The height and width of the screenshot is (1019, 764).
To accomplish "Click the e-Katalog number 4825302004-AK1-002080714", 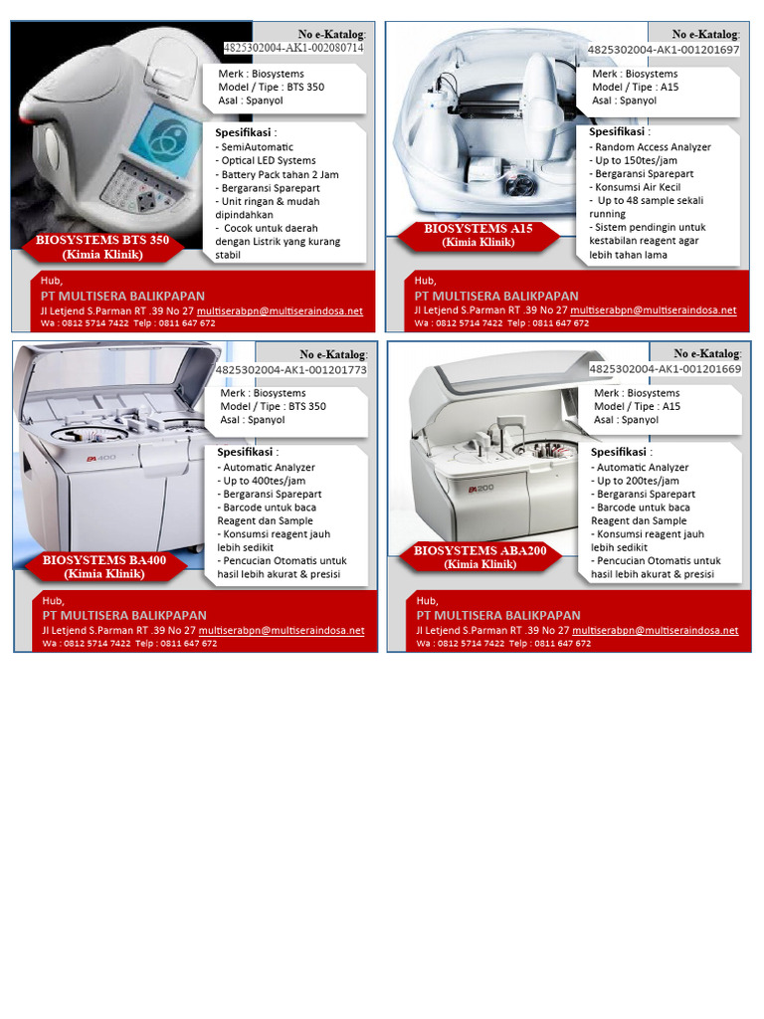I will pos(293,48).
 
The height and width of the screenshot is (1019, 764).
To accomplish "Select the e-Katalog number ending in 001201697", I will pos(664,49).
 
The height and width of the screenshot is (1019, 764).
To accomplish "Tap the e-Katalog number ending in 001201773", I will pos(291,369).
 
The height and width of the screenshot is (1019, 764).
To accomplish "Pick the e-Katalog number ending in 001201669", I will pos(665,369).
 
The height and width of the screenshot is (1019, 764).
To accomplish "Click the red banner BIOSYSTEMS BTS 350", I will pos(102,247).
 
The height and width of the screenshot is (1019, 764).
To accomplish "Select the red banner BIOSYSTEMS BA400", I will pos(104,566).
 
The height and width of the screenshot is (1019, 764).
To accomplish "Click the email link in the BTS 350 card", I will pos(280,310).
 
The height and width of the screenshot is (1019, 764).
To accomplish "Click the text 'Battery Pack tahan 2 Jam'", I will pos(280,174).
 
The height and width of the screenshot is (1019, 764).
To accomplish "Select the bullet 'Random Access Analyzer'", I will pos(653,147).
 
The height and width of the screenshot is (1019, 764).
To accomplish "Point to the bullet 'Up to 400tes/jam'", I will pos(265,481).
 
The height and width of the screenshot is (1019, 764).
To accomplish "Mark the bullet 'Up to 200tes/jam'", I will pos(639,481).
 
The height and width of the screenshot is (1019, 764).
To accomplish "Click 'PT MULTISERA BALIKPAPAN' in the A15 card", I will pos(496,296).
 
